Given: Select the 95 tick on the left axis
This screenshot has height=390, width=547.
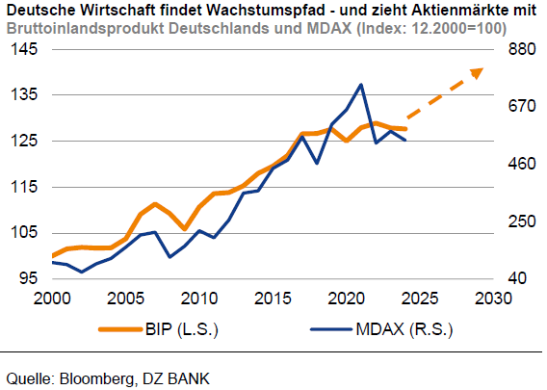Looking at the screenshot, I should pyautogui.click(x=26, y=278).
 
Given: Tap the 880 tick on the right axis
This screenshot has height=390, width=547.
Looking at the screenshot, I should pyautogui.click(x=514, y=48).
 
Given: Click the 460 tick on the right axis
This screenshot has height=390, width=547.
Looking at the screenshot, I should pyautogui.click(x=514, y=164).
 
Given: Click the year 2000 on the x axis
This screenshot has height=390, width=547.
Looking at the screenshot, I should pyautogui.click(x=52, y=297).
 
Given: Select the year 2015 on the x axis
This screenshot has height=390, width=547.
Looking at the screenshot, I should pyautogui.click(x=273, y=297).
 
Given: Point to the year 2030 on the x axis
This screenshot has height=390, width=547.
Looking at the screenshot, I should pyautogui.click(x=493, y=297).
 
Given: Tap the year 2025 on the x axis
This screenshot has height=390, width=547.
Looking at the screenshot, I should pyautogui.click(x=420, y=297).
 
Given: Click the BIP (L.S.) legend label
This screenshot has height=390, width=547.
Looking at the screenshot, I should pyautogui.click(x=183, y=329).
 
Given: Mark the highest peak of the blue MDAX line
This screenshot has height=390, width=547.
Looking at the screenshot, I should pyautogui.click(x=360, y=85).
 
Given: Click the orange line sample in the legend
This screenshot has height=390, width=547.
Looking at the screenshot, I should pyautogui.click(x=119, y=329).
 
